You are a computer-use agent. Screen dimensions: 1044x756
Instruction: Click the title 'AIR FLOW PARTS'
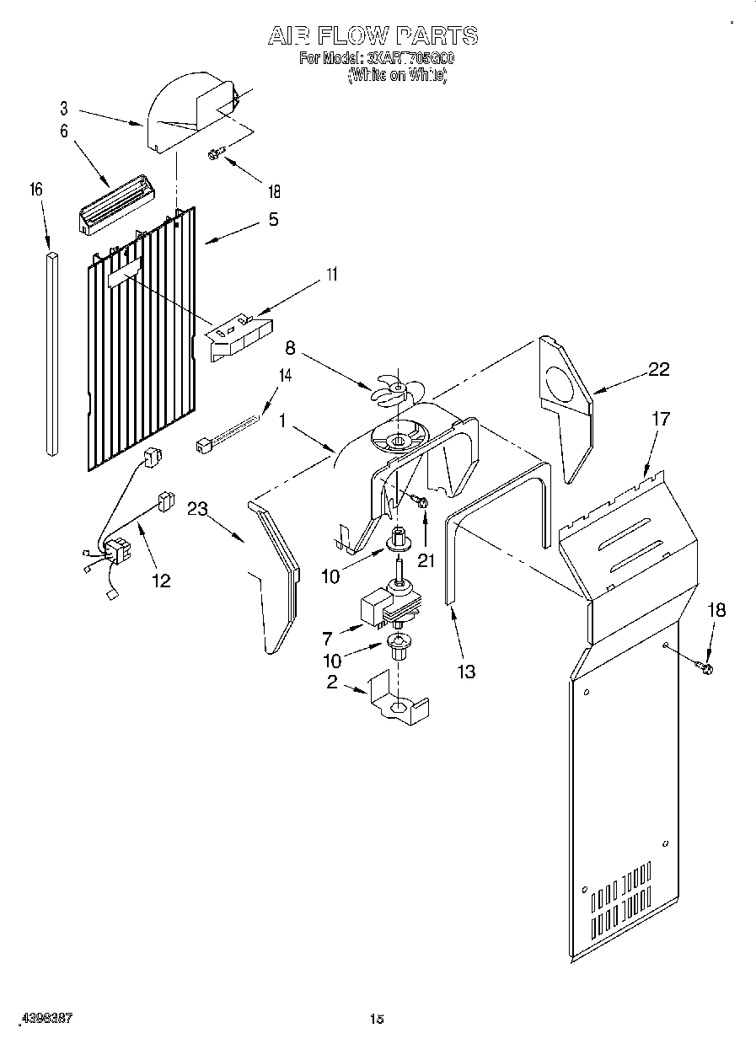[x=373, y=35]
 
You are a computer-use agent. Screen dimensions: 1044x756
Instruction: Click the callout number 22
[x=658, y=368]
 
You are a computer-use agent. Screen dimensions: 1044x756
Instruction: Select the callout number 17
[x=661, y=419]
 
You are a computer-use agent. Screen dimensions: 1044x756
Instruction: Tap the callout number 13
[x=466, y=671]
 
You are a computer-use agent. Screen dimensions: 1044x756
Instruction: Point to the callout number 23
[x=199, y=508]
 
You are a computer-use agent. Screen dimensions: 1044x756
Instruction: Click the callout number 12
[x=160, y=580]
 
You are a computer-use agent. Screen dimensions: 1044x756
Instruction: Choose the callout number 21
[x=426, y=560]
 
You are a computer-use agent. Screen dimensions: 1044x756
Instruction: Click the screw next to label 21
[x=421, y=502]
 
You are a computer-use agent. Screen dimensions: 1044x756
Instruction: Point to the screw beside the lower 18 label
[x=704, y=668]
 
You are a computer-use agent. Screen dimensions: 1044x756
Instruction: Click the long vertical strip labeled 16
[x=51, y=354]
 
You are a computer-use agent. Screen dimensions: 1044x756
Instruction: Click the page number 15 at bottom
[x=377, y=1019]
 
